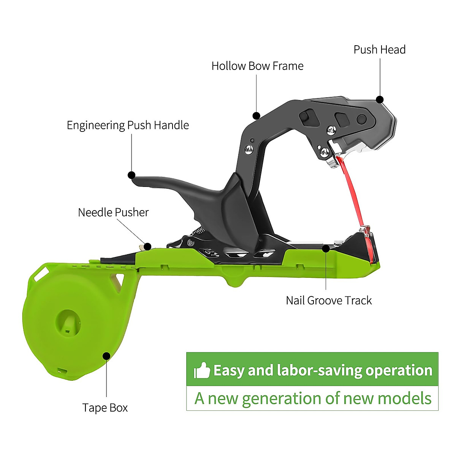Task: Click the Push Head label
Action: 380,50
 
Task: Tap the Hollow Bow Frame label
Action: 258,66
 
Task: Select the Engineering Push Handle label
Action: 128,125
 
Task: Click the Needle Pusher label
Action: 113,212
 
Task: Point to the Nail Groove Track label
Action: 329,301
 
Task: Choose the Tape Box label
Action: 105,408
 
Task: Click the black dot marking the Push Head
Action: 380,100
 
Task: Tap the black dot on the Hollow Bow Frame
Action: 256,116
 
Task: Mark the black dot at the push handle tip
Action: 131,175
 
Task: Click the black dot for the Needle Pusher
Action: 148,247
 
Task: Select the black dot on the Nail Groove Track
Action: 326,249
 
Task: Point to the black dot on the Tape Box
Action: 106,356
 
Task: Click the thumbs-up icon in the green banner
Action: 202,370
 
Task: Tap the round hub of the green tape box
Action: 68,323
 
